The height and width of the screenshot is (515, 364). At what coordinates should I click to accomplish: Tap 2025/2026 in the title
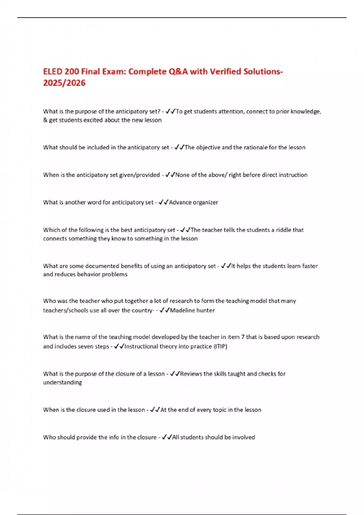pos(64,83)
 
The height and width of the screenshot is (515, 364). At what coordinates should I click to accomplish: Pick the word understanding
pos(62,382)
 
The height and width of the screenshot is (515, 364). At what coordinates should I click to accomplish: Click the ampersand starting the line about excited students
pos(45,120)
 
